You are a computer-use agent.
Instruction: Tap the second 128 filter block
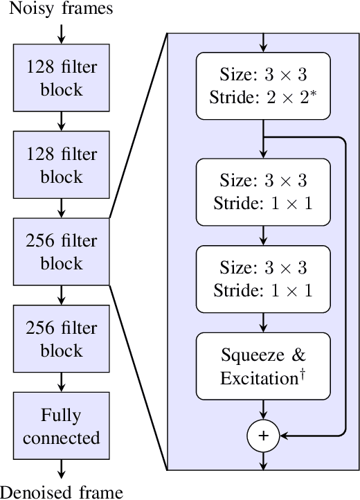click(61, 165)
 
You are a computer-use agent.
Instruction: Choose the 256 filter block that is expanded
click(61, 251)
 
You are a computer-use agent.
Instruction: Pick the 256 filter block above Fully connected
click(61, 339)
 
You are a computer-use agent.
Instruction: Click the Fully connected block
click(61, 426)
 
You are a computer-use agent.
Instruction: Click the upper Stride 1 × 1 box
click(263, 191)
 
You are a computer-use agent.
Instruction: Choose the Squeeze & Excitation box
click(263, 366)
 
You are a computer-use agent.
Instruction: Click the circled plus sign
click(263, 436)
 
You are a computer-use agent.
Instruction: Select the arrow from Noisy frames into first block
click(61, 33)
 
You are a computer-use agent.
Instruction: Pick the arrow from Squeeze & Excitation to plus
click(263, 412)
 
